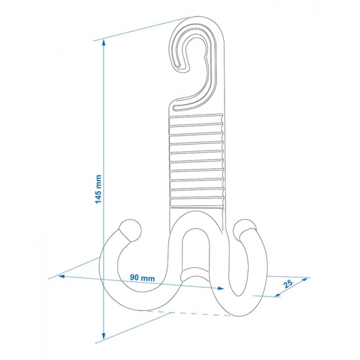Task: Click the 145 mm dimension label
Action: tap(98, 189)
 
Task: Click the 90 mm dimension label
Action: tap(142, 278)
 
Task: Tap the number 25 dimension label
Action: tap(288, 284)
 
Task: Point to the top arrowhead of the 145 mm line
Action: tap(104, 43)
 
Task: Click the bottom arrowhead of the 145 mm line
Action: tap(104, 336)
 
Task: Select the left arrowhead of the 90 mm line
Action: tap(62, 276)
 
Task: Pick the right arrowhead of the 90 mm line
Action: tap(221, 289)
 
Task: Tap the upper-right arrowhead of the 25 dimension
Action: tap(305, 279)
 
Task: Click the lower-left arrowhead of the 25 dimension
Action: tap(278, 295)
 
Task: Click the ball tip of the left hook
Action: tap(130, 230)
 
